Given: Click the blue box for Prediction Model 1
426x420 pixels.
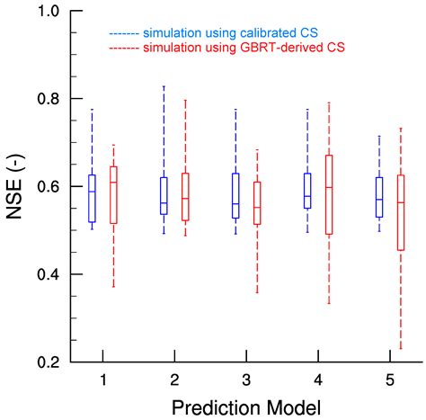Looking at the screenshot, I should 92,198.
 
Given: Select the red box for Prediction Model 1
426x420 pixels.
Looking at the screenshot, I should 113,194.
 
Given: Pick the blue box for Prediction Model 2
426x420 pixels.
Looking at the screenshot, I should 164,195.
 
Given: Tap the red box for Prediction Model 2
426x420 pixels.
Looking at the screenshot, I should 185,196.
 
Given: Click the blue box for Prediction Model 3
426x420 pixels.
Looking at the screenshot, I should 235,195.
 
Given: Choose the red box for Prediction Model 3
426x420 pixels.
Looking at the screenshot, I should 257,202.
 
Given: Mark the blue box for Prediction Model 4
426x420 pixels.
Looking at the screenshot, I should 307,191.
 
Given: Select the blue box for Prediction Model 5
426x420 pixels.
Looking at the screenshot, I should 379,196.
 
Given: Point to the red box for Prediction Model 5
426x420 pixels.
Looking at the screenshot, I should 401,212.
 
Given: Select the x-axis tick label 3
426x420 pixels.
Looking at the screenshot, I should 245,380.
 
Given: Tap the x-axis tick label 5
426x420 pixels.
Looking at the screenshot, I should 389,380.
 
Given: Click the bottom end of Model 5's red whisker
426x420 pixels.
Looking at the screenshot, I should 401,348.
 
